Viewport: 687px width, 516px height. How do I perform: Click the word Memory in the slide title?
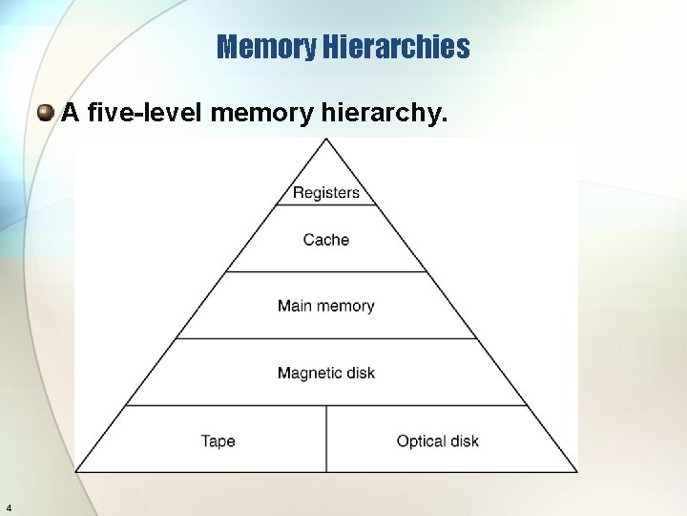267,47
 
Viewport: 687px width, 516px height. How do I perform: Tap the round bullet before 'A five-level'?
45,115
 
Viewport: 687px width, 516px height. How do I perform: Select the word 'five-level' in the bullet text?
145,114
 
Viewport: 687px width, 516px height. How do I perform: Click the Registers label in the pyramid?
326,193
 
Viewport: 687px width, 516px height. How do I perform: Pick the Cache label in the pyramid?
326,240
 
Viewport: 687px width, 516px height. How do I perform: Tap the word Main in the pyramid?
295,306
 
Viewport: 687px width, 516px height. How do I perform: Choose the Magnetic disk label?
326,373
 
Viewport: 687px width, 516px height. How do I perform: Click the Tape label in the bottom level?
218,441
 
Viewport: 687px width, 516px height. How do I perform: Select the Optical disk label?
437,441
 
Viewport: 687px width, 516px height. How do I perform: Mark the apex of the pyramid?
326,140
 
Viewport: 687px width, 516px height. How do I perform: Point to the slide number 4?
9,506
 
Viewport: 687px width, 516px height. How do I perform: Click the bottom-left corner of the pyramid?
77,471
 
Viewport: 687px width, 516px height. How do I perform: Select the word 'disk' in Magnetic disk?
358,373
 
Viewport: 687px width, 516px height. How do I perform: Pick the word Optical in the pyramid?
418,441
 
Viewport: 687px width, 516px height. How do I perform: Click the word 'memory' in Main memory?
344,306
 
